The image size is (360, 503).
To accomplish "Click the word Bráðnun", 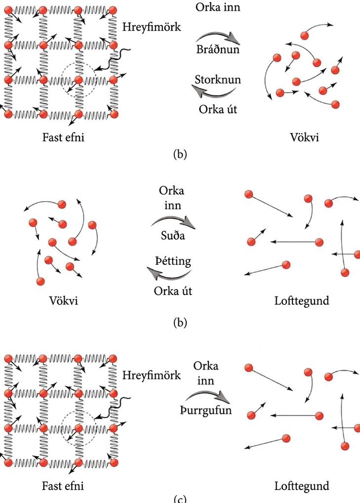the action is tap(218, 49).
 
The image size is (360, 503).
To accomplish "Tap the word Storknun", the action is tap(218, 79).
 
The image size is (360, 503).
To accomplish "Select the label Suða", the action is tap(173, 236).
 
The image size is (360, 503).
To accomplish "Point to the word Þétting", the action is tap(173, 261).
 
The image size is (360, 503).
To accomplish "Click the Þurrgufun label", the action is tap(205, 410).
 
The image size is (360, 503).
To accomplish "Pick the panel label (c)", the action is tap(180, 499).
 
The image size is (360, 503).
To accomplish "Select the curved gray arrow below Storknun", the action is tap(213, 92).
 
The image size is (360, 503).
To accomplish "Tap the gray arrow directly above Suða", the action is tap(173, 222).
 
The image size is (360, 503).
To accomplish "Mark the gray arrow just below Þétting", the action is tap(169, 274).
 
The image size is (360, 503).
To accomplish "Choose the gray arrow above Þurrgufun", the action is tap(208, 396).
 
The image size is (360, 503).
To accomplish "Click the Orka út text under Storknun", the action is tap(218, 109).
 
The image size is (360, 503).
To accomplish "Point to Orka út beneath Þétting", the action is tap(173, 291).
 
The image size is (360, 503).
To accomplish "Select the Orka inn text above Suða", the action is tap(172, 198).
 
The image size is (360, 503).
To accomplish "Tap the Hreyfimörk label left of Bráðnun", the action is tap(151, 27).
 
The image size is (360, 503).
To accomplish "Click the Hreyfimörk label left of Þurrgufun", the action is tap(151, 376).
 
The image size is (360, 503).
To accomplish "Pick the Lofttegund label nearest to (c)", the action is tap(302, 486).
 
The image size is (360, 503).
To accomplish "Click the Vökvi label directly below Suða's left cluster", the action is tap(64, 301).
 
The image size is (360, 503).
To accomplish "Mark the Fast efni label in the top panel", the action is tap(64, 137).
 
